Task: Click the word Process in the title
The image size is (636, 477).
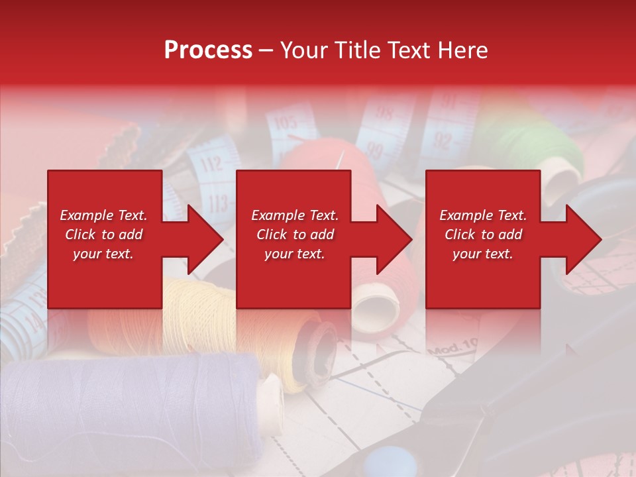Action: (208, 50)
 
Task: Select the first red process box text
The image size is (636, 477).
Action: (104, 235)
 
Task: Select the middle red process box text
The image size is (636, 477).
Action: (295, 235)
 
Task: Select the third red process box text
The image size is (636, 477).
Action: (483, 235)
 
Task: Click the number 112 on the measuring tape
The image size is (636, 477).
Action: (212, 162)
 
